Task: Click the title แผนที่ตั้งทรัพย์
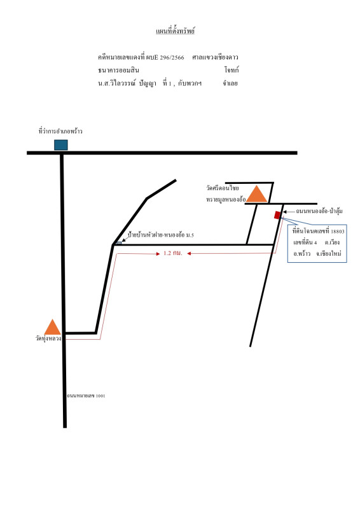point(176,31)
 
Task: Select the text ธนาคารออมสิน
point(118,70)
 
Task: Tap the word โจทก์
point(232,70)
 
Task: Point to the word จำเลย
point(230,83)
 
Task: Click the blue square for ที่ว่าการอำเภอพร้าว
point(61,145)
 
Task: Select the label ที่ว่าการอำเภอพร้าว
point(60,131)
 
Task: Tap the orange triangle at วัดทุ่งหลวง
point(52,327)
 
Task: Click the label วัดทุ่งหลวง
point(48,338)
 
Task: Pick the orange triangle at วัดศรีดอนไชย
point(257,194)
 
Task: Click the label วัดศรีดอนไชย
point(223,188)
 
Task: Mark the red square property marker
point(277,215)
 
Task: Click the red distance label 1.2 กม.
point(173,253)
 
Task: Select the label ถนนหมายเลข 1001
point(86,396)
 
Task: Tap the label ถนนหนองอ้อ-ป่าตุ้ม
point(319,211)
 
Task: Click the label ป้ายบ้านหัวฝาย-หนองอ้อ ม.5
point(161,235)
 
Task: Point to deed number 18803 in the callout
point(338,232)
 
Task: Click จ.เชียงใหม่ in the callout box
point(329,253)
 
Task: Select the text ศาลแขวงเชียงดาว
point(215,57)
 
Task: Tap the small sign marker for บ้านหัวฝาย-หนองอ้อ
point(118,243)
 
